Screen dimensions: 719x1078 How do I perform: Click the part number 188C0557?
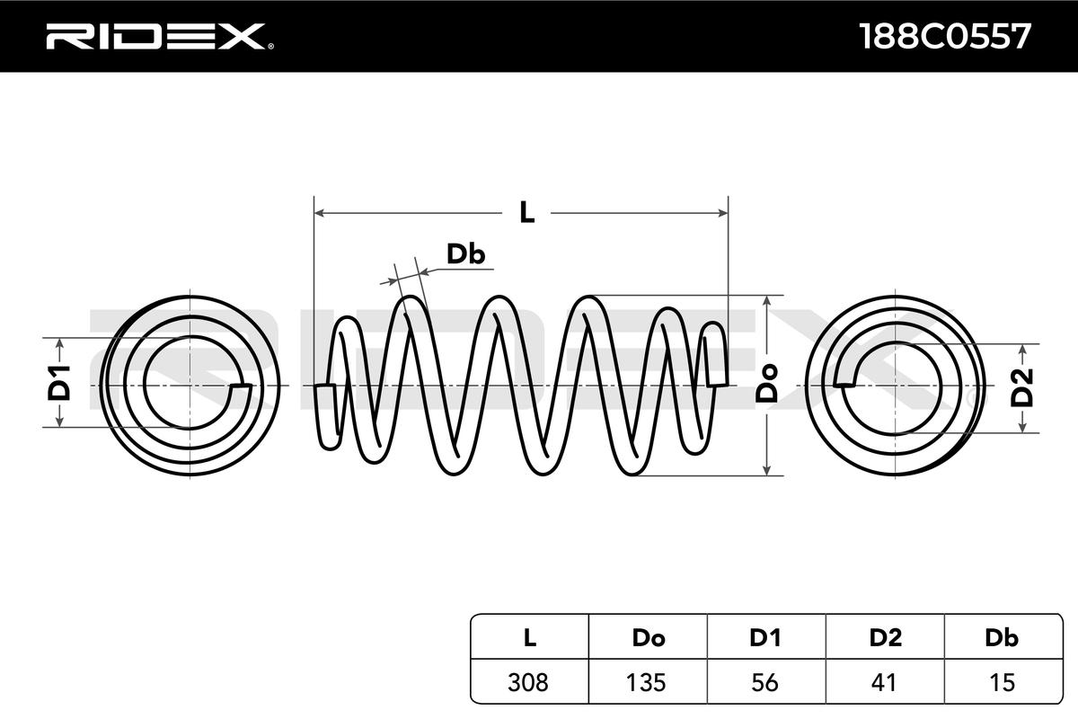(944, 36)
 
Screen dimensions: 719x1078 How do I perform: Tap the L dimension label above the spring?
(527, 213)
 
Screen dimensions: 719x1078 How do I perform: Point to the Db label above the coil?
(466, 254)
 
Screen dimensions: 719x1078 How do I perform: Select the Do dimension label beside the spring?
(766, 384)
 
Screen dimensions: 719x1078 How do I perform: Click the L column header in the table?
(529, 638)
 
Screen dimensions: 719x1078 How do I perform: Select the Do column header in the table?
(648, 638)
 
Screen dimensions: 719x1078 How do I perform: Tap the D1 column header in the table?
(765, 638)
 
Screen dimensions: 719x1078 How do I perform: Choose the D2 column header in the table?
(885, 638)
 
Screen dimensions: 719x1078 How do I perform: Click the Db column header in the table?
(1001, 638)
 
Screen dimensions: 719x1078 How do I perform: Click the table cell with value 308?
(529, 682)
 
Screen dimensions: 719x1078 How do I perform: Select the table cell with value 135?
(648, 682)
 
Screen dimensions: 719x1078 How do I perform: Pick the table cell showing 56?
(765, 682)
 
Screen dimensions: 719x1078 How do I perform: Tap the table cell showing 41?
(885, 682)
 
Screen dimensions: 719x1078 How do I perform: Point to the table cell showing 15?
(1001, 682)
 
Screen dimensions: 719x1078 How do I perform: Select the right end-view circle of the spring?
(892, 385)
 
